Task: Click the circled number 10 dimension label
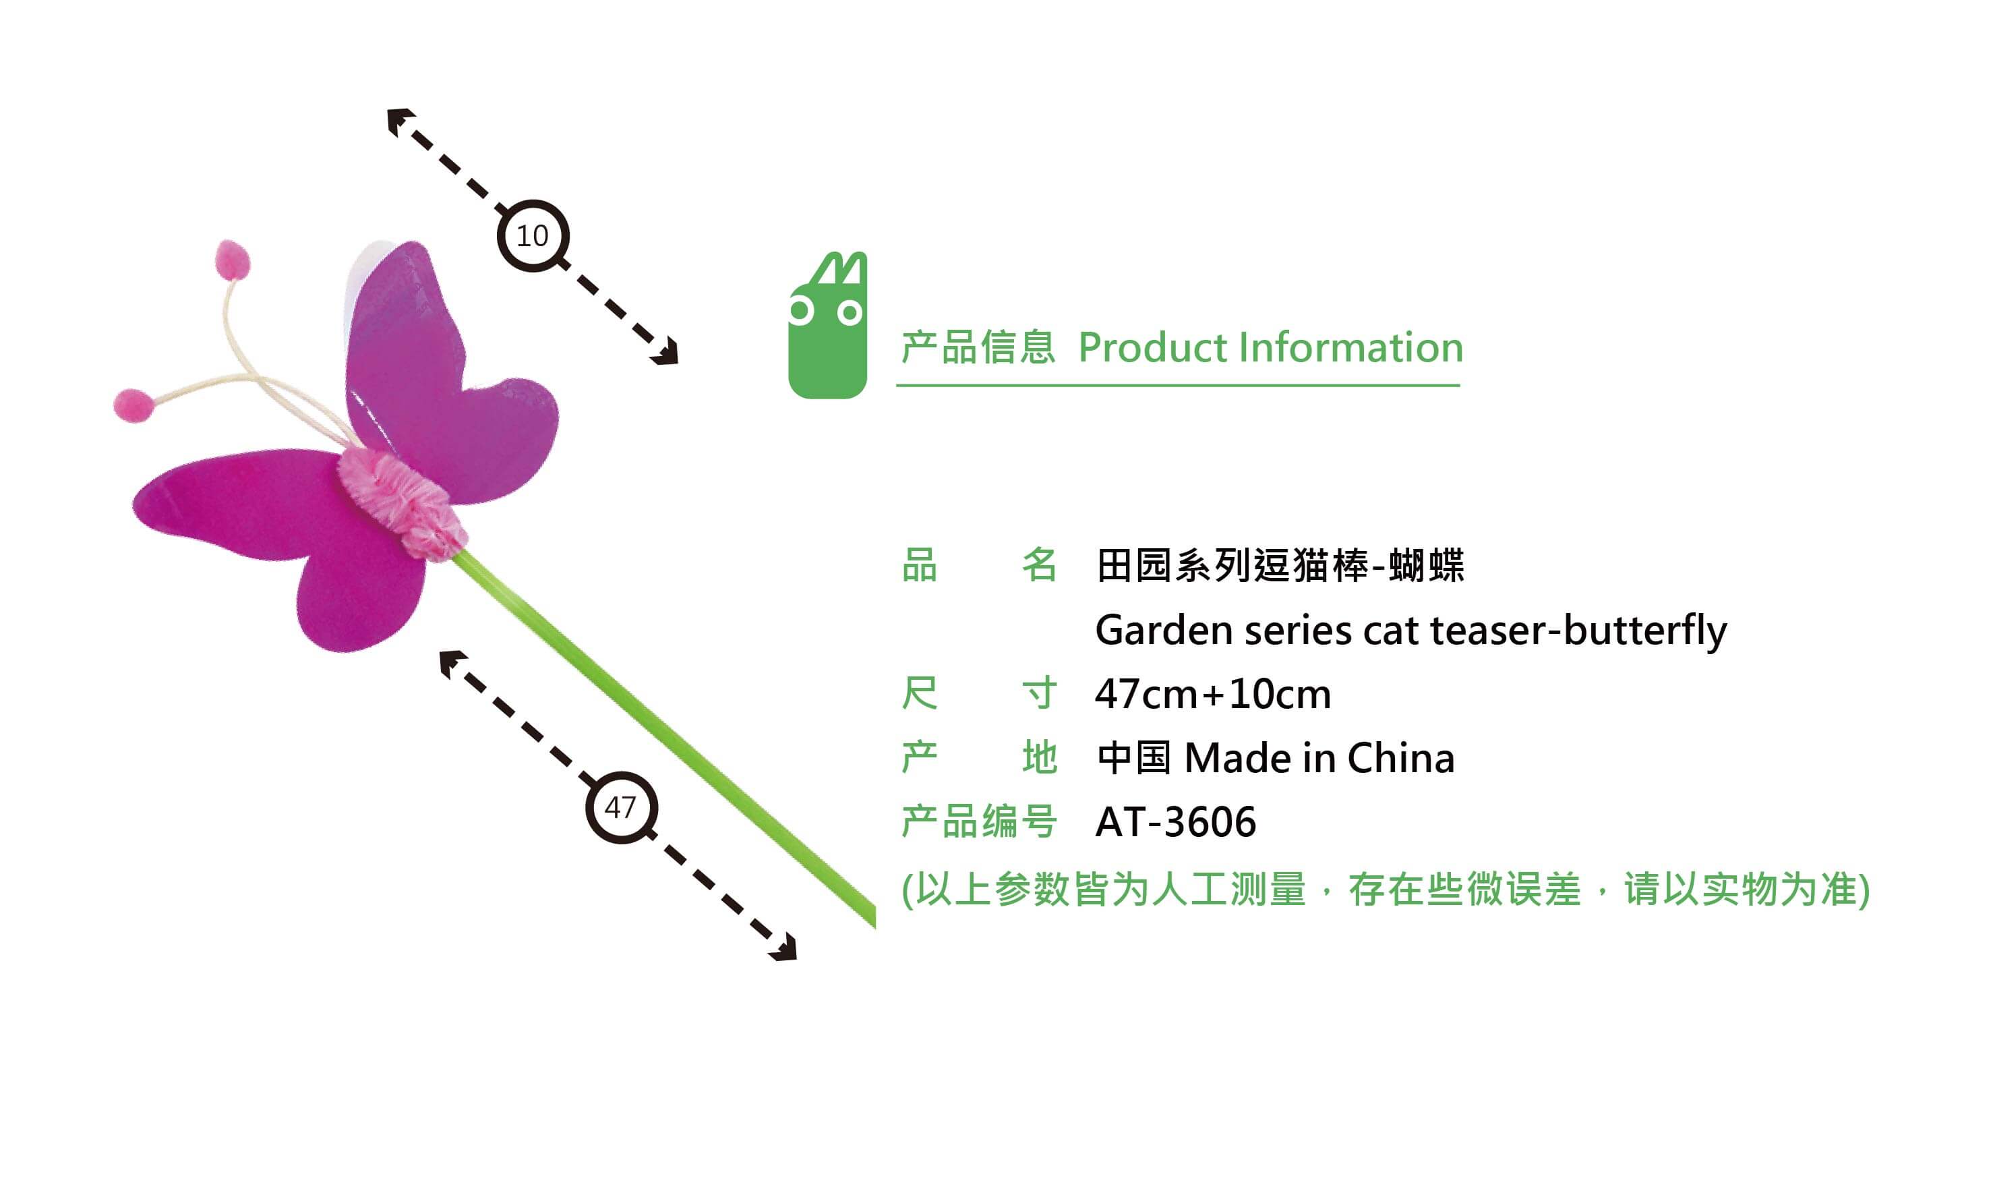[x=533, y=236]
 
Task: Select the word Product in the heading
[x=1152, y=348]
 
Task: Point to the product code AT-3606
[x=1175, y=822]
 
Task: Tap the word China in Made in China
[x=1401, y=759]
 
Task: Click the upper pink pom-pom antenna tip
[x=233, y=259]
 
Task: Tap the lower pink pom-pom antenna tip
[x=133, y=405]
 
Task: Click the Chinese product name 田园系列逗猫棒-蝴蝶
[x=1280, y=565]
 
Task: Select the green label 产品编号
[x=979, y=822]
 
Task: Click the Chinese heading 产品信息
[x=978, y=348]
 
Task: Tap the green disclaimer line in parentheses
[x=1386, y=890]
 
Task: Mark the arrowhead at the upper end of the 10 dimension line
[x=399, y=121]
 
